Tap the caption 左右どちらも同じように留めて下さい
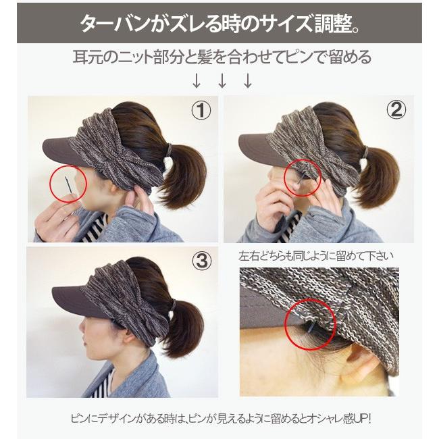tap(317, 257)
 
